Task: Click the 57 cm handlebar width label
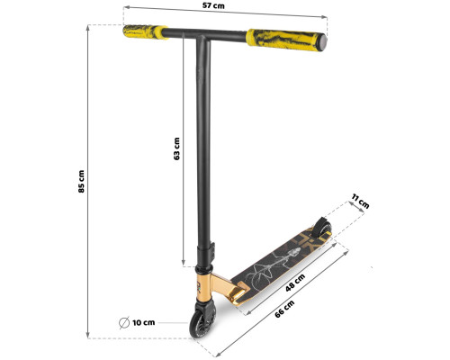[213, 5]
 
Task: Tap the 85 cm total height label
[81, 181]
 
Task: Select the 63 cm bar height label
[177, 148]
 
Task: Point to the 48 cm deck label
[295, 283]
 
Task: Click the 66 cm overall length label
[284, 309]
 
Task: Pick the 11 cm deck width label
[360, 202]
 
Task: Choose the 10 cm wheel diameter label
[144, 323]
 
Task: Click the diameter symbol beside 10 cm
[124, 323]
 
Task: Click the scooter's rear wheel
[322, 228]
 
